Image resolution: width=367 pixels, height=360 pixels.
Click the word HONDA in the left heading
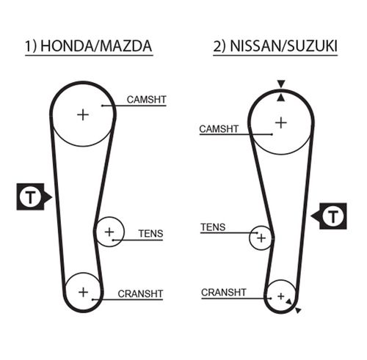point(67,45)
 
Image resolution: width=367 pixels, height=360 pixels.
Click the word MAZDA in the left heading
point(126,45)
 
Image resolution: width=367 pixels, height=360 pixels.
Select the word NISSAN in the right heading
point(255,45)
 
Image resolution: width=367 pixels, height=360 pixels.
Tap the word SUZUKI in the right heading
point(312,45)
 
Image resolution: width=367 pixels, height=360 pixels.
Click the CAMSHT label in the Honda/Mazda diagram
point(147,100)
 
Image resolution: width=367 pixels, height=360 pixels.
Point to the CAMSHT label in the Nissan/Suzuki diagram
point(219,129)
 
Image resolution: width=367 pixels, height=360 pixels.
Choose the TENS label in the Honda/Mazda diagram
point(150,234)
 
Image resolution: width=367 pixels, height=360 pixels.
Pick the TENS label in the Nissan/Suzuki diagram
point(213,227)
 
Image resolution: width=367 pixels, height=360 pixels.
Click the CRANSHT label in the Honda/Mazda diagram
point(140,294)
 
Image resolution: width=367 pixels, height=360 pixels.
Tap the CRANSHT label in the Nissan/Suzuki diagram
point(224,293)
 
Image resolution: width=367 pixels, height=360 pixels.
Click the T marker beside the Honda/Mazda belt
point(30,196)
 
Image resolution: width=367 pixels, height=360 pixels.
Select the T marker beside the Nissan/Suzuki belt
point(333,216)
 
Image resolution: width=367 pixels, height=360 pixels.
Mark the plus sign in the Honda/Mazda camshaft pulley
point(83,115)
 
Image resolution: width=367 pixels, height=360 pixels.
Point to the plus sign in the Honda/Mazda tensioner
point(109,232)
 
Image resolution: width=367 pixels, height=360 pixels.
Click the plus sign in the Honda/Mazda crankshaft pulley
point(83,292)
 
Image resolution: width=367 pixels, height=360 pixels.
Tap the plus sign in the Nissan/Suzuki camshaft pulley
point(281,122)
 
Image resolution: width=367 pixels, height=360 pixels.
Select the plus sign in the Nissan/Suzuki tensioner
point(261,238)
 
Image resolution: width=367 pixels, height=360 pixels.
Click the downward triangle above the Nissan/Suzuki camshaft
point(281,84)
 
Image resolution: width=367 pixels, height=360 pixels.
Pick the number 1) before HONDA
point(31,46)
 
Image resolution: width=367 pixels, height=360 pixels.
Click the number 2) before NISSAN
point(219,46)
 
